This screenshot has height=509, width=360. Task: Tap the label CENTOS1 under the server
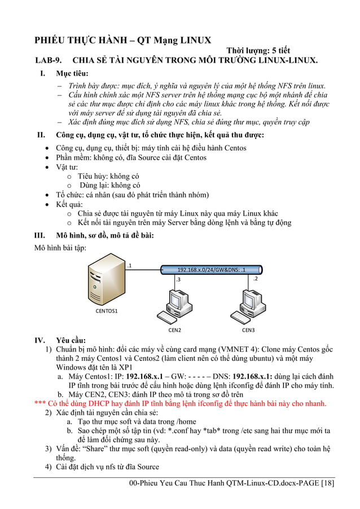pyautogui.click(x=106, y=311)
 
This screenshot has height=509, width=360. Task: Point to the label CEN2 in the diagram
pyautogui.click(x=175, y=330)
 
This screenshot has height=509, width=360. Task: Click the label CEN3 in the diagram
pyautogui.click(x=249, y=330)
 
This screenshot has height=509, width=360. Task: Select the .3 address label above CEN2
pyautogui.click(x=178, y=279)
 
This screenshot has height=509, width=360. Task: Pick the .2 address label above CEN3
pyautogui.click(x=256, y=278)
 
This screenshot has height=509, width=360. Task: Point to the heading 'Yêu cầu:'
pyautogui.click(x=71, y=340)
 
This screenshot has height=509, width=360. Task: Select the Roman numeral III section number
pyautogui.click(x=40, y=235)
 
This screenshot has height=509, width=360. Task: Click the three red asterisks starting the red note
pyautogui.click(x=40, y=403)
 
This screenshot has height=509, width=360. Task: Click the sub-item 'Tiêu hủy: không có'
pyautogui.click(x=108, y=176)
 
